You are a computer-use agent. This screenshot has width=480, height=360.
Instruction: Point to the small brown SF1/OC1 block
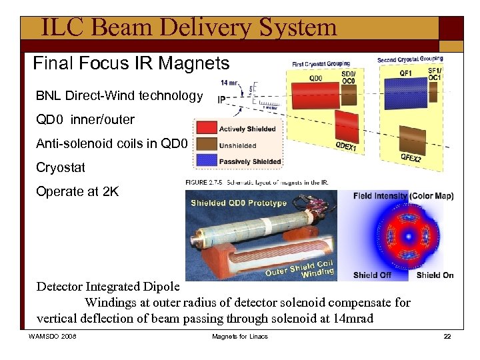tap(434, 92)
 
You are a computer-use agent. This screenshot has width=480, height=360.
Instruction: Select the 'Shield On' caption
tap(435, 275)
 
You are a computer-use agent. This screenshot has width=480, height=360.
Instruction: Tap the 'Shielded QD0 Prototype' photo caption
tap(238, 203)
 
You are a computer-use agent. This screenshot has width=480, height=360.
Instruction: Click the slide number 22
tap(447, 336)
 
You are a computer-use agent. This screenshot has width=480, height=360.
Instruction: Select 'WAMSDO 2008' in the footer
tap(53, 336)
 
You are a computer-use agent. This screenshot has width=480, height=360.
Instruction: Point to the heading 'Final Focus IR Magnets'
tap(131, 64)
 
